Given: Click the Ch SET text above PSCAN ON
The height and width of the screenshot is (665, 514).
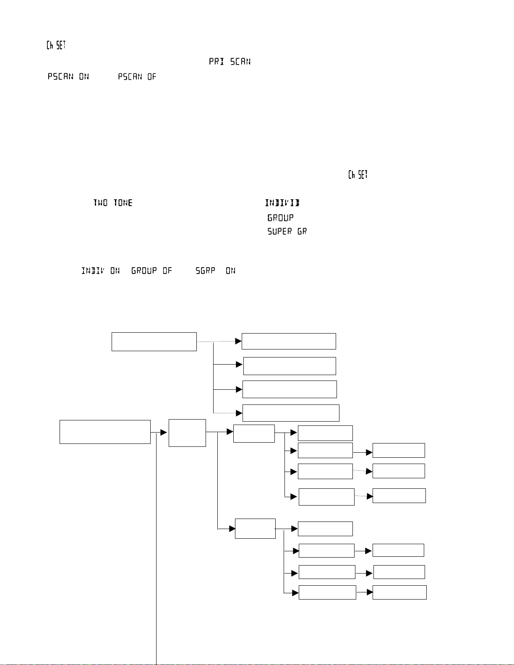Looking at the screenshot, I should tap(56, 45).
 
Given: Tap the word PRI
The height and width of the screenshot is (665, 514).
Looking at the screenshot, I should tap(217, 62).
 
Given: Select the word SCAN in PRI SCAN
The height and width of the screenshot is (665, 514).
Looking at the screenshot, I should tap(240, 62).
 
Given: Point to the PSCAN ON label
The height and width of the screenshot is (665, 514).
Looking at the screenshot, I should tap(68, 76).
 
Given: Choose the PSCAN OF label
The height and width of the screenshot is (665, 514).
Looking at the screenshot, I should tap(137, 76).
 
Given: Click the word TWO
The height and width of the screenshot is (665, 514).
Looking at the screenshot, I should tap(100, 203).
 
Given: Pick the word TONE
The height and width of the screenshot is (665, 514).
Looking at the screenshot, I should tap(123, 203).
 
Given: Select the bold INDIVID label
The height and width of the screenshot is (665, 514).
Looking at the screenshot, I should tap(282, 203).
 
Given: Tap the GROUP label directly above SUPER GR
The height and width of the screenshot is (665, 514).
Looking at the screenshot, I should tap(280, 218).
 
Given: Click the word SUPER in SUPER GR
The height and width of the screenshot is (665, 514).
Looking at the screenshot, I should tap(279, 232).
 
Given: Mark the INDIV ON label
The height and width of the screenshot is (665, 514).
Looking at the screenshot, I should tap(100, 271).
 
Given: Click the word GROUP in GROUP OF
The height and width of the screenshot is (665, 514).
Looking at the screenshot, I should tap(144, 271).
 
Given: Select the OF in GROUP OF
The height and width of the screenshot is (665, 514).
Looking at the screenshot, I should tap(167, 271).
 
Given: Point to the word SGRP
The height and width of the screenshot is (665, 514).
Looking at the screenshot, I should tap(205, 271).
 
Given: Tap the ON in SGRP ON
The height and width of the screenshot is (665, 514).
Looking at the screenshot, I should tap(230, 271).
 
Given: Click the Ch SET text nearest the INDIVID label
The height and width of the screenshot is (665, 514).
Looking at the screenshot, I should tap(358, 175).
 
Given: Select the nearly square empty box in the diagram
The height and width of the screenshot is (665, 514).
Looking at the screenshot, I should tap(187, 433).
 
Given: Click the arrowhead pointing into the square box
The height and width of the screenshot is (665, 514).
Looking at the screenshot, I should tap(164, 433).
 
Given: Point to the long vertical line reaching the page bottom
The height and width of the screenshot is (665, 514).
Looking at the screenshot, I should tap(156, 545).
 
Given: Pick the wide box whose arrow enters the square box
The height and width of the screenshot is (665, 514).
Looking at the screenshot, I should tap(105, 432).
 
